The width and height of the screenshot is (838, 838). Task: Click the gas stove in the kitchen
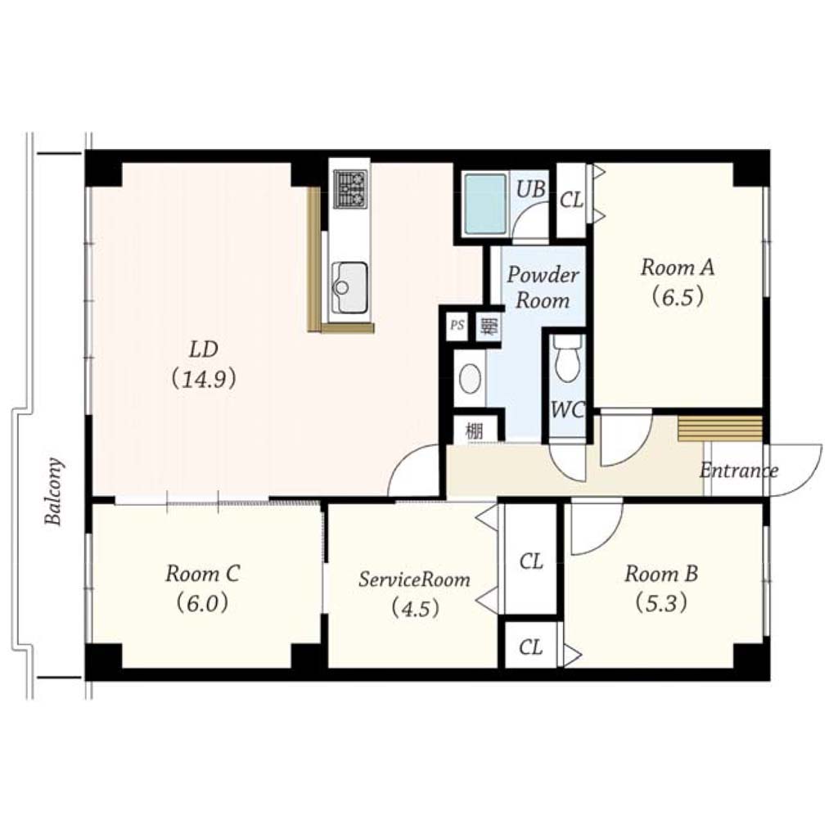(x=350, y=189)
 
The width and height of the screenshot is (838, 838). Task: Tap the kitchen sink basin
(x=350, y=287)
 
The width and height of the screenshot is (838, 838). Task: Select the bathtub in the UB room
(x=485, y=204)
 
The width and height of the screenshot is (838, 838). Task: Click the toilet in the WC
(x=568, y=359)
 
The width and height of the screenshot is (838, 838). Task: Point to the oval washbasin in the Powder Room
(x=471, y=378)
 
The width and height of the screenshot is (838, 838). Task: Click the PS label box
(x=457, y=325)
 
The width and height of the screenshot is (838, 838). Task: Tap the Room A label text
(x=678, y=267)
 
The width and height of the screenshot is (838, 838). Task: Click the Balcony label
(x=54, y=491)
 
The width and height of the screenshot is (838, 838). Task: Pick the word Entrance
(x=739, y=471)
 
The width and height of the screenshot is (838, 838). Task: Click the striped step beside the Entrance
(x=720, y=429)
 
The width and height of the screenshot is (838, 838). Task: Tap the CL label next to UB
(x=571, y=200)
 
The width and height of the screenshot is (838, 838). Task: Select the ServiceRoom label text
(x=414, y=579)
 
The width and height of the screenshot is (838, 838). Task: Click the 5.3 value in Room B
(x=661, y=603)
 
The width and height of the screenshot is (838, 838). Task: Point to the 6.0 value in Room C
(x=203, y=603)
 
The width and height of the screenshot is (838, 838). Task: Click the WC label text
(x=568, y=410)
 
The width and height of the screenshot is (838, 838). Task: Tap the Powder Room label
(x=543, y=287)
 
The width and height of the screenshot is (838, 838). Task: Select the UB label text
(x=530, y=188)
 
